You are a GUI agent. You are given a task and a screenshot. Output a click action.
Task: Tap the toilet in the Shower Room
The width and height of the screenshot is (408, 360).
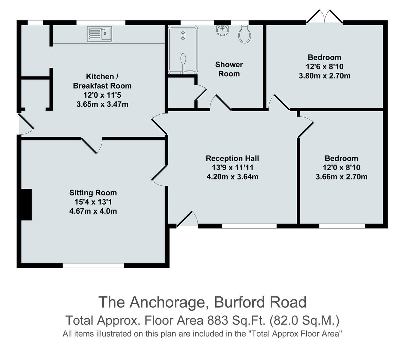click(x=244, y=34)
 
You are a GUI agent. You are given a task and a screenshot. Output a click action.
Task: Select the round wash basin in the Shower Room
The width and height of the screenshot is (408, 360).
click(x=222, y=30)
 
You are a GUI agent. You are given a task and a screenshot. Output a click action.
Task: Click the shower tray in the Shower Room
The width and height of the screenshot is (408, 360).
click(x=183, y=50)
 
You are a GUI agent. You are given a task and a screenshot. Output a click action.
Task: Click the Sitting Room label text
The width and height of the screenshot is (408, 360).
click(x=93, y=193)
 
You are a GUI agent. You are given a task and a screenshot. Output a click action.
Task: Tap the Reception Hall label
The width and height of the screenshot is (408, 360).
click(x=232, y=158)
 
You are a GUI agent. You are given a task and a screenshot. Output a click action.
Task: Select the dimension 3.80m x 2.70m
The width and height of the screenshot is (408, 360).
click(x=324, y=76)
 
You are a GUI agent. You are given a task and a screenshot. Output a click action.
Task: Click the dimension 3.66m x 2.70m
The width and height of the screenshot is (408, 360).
click(x=341, y=177)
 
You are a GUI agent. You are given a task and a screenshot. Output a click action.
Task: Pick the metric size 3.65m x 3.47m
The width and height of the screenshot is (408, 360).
click(x=102, y=104)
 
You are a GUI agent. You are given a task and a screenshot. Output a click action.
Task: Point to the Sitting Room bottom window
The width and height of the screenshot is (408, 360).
click(x=93, y=265)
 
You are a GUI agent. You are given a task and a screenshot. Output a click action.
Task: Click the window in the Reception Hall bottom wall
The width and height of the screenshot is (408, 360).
click(x=249, y=226)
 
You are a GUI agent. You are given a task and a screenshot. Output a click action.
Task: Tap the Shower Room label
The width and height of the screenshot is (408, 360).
click(x=229, y=69)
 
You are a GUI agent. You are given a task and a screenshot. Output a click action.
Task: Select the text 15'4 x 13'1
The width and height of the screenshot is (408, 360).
click(x=93, y=202)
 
